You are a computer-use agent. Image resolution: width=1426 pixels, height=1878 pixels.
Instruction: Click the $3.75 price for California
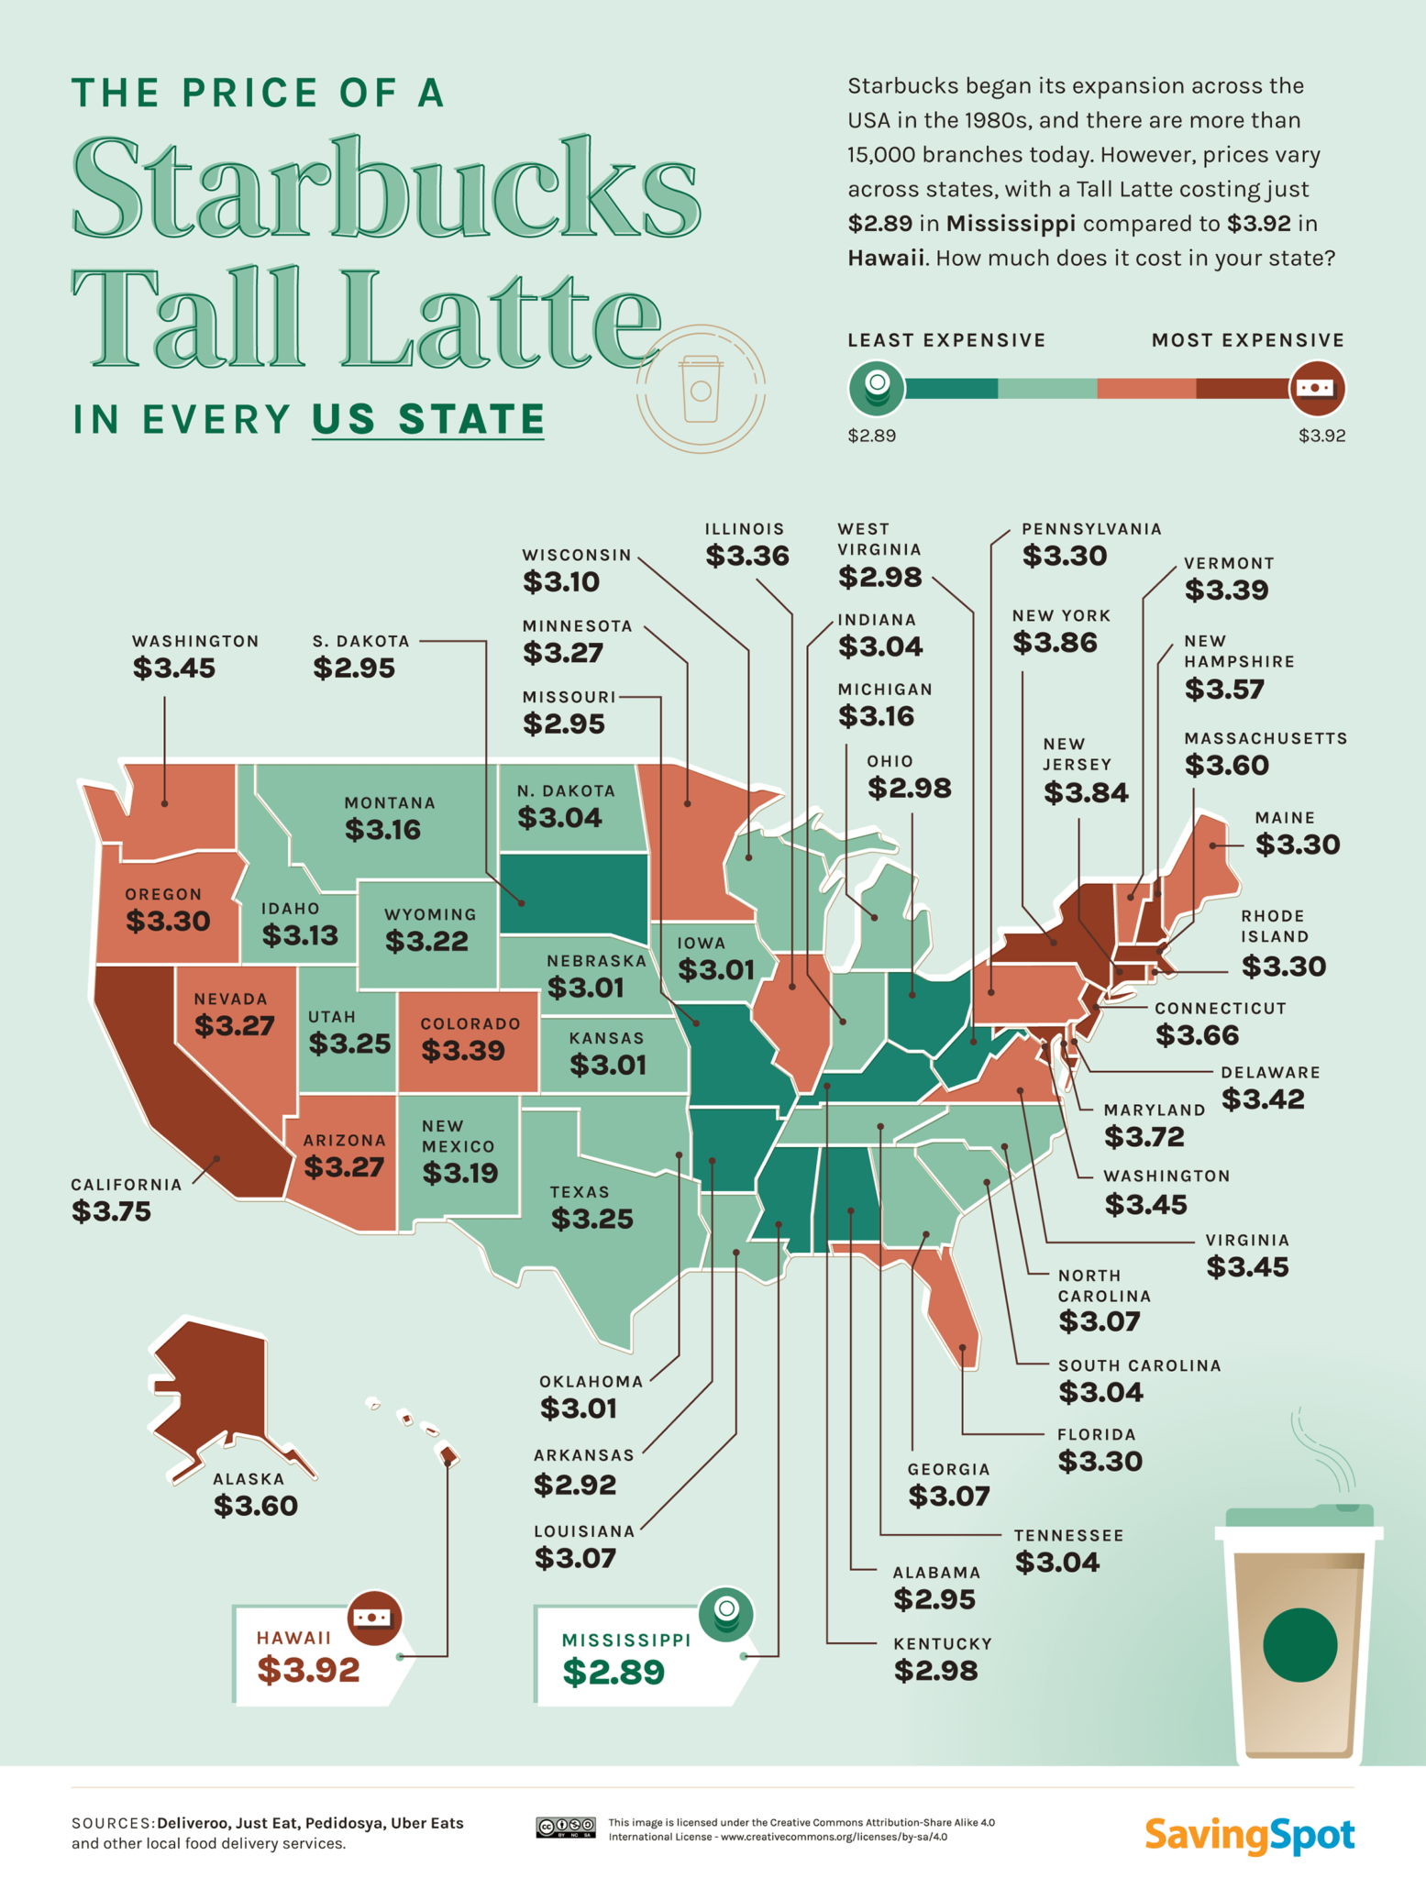coord(111,1211)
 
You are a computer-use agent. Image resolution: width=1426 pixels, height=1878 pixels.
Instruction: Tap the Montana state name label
coord(390,803)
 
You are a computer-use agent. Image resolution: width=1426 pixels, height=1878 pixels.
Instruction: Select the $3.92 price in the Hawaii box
coord(308,1670)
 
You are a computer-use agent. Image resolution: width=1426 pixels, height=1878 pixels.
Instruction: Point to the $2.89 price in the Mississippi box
coord(614,1672)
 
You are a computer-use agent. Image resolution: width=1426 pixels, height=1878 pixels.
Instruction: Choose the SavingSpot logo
coord(1249,1835)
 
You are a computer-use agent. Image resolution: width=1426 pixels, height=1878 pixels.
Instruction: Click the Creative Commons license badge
coord(565,1828)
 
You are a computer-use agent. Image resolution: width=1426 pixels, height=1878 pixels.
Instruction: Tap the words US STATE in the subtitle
coord(428,419)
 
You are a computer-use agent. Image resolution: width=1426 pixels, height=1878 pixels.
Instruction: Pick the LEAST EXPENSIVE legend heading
coord(946,340)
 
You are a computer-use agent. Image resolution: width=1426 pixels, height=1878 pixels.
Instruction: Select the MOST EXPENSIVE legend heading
coord(1248,340)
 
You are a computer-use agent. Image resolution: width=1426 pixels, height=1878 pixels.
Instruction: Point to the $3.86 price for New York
coord(1055,643)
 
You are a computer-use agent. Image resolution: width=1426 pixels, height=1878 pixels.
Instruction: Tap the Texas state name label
coord(580,1192)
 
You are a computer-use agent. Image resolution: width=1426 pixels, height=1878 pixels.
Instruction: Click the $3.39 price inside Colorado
coord(462,1050)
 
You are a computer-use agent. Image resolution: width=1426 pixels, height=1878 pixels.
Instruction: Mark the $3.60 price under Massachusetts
coord(1226,765)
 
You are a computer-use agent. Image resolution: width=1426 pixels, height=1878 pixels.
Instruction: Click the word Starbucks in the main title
coord(385,188)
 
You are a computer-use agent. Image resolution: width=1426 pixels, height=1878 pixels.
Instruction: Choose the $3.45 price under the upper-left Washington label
coord(173,668)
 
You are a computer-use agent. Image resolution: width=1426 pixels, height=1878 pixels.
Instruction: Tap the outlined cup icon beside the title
coord(701,389)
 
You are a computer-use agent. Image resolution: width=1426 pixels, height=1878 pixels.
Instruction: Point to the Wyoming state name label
coord(430,914)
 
